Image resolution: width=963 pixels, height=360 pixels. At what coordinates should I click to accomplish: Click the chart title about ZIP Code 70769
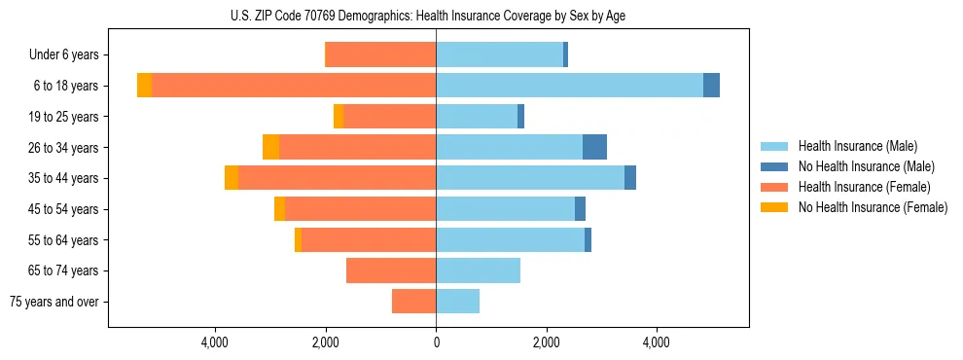click(428, 16)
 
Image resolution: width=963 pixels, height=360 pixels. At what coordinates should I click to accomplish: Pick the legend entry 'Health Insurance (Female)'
click(864, 187)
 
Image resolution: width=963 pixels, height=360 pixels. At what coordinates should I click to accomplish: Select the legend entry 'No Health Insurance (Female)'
click(873, 207)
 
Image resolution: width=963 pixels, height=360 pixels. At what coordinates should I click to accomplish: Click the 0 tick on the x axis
click(436, 342)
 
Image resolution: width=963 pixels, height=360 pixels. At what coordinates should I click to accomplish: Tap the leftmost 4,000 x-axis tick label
click(214, 342)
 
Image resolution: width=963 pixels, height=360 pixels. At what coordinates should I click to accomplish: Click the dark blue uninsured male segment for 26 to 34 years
click(594, 147)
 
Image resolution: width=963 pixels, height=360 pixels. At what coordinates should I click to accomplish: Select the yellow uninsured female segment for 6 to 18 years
click(144, 86)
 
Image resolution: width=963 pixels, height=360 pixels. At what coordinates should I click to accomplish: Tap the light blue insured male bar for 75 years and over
click(457, 302)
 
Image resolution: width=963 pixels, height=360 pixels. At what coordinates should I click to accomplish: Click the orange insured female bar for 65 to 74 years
click(391, 270)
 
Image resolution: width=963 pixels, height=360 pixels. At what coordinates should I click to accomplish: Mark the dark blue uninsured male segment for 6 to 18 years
click(711, 86)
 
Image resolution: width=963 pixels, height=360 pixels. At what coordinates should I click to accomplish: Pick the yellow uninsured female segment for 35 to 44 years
click(232, 178)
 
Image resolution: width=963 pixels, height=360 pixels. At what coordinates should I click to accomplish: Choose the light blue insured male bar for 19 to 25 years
click(477, 117)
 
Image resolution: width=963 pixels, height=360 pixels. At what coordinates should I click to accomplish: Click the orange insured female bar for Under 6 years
click(380, 54)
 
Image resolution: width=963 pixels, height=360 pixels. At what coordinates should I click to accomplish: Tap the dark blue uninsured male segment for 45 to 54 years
click(580, 209)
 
